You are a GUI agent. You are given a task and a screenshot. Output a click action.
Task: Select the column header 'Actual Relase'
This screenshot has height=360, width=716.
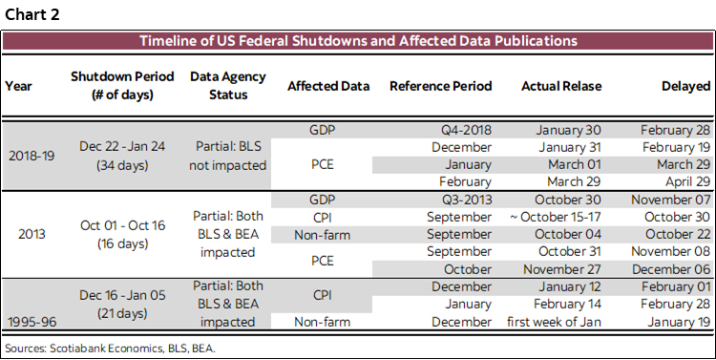click(x=561, y=86)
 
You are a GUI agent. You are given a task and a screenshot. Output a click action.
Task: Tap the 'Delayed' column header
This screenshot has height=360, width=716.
click(x=685, y=86)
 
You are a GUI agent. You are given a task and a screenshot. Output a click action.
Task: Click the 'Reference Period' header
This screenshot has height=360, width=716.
click(x=440, y=86)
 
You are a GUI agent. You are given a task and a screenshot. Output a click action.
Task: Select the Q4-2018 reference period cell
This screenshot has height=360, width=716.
click(x=466, y=130)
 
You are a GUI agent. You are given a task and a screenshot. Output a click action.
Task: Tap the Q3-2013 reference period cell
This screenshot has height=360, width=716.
click(x=466, y=201)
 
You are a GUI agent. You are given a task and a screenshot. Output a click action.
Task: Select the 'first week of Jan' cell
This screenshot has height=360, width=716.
click(x=553, y=321)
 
